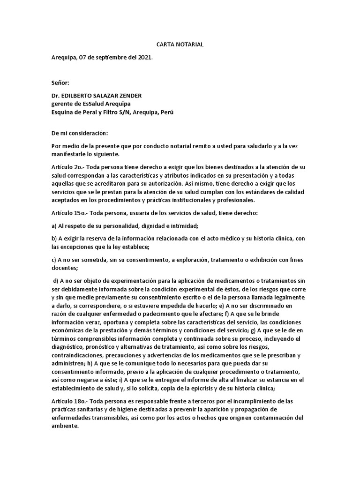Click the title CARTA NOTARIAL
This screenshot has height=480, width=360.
pos(180,45)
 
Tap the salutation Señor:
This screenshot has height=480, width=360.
pos(60,83)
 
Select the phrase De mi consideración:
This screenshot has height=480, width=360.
pos(80,133)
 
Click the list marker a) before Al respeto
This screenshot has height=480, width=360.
pos(54,225)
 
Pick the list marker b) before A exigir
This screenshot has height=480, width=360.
pos(54,239)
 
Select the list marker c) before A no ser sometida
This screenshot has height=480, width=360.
pos(54,260)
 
